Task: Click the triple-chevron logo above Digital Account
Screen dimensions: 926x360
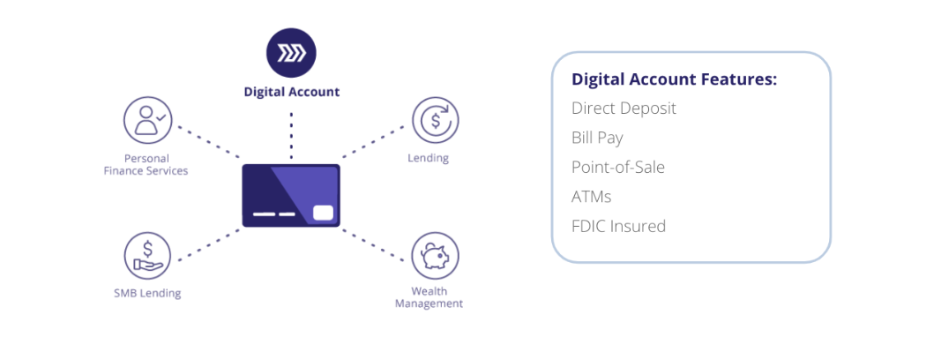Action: (291, 53)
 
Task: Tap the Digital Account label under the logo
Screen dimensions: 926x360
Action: (292, 93)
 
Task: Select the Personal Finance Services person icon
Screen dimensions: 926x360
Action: (147, 120)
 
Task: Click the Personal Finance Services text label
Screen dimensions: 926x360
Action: (146, 165)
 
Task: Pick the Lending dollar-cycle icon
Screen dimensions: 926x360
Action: (436, 120)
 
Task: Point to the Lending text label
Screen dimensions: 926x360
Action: (428, 159)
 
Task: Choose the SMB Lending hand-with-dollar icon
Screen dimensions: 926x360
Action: (147, 255)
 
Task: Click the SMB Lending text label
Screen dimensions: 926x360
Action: (147, 293)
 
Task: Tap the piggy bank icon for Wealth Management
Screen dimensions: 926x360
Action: (436, 255)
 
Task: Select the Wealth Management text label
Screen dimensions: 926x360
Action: (429, 297)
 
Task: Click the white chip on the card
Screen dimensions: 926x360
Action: (323, 213)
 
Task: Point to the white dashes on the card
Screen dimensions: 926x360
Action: (274, 214)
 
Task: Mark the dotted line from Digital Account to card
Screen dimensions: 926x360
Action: (291, 135)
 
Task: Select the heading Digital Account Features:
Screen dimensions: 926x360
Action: (675, 79)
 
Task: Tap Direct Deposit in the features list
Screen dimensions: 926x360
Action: (624, 109)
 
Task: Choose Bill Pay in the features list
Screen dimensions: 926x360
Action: (597, 139)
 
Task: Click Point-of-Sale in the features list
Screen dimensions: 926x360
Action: (617, 168)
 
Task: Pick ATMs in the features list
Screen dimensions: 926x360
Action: (591, 197)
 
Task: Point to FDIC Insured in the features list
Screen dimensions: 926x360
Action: (618, 227)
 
